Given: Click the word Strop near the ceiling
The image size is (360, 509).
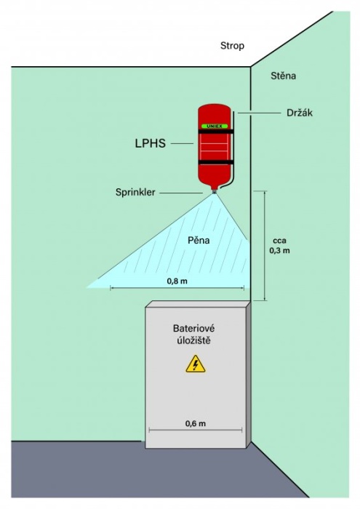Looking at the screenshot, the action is pyautogui.click(x=232, y=46).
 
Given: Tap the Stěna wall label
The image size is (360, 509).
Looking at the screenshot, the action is pyautogui.click(x=284, y=76).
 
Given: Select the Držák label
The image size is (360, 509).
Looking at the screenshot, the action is pyautogui.click(x=300, y=113).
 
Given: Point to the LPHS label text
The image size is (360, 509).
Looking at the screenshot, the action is pyautogui.click(x=150, y=143).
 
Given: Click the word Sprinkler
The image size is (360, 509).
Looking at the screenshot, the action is pyautogui.click(x=135, y=192).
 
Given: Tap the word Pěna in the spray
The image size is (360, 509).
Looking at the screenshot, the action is pyautogui.click(x=199, y=240).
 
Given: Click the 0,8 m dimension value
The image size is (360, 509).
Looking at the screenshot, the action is pyautogui.click(x=177, y=281).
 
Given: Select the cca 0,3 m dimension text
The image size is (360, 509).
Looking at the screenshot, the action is pyautogui.click(x=279, y=246).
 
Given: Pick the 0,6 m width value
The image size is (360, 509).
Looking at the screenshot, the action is pyautogui.click(x=196, y=423).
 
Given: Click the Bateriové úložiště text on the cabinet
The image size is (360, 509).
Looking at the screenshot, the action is pyautogui.click(x=193, y=334).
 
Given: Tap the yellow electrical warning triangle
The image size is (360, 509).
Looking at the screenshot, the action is pyautogui.click(x=196, y=364).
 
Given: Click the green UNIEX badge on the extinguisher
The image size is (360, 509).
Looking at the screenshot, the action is pyautogui.click(x=215, y=126).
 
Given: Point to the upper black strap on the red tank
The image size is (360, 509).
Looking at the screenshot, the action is pyautogui.click(x=216, y=131).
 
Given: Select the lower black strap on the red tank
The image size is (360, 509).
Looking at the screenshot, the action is pyautogui.click(x=216, y=162).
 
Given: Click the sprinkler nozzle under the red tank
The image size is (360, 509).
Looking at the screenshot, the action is pyautogui.click(x=215, y=191).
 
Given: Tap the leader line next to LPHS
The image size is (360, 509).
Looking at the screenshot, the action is pyautogui.click(x=182, y=143).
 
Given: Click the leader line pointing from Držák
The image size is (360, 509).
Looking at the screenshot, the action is pyautogui.click(x=259, y=113).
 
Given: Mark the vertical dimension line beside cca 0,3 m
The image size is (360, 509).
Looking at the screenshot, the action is pyautogui.click(x=265, y=246).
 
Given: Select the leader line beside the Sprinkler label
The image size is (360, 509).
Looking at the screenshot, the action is pyautogui.click(x=181, y=193).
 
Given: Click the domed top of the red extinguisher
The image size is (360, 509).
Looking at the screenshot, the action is pyautogui.click(x=215, y=109).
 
